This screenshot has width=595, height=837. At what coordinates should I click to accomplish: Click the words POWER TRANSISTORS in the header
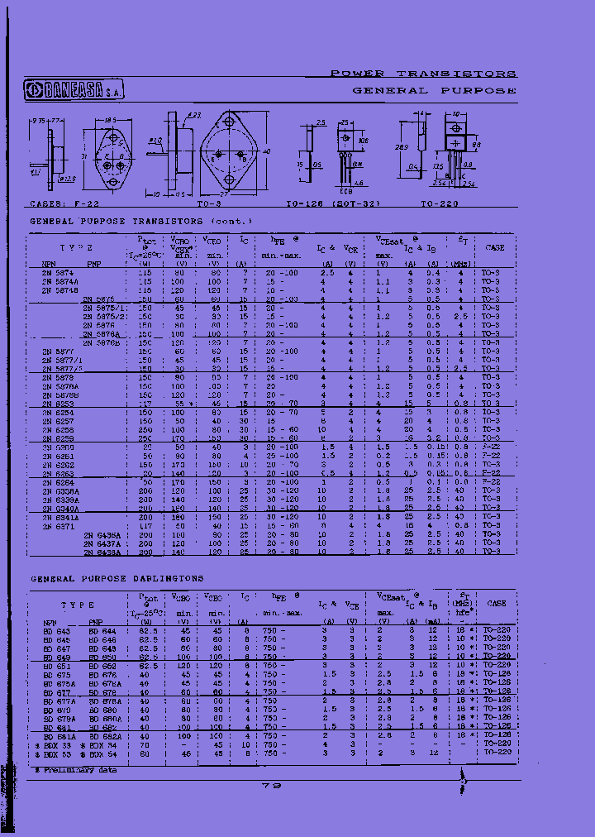[x=423, y=74]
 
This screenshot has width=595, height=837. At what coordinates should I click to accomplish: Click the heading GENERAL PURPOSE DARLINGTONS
[x=117, y=578]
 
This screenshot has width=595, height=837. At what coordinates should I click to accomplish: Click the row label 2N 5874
[x=57, y=272]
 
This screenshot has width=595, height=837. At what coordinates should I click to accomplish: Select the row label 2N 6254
[x=57, y=411]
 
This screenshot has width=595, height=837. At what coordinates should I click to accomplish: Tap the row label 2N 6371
[x=57, y=526]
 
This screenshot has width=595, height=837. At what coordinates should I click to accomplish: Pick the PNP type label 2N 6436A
[x=102, y=535]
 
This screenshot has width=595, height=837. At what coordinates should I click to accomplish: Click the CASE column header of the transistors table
[x=495, y=246]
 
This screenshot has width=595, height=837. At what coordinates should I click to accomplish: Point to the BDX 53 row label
[x=55, y=745]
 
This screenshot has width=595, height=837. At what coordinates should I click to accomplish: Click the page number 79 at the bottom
[x=273, y=787]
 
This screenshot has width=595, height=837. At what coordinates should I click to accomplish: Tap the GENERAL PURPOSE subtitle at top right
[x=434, y=90]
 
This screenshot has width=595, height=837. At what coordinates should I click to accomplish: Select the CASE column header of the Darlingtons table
[x=495, y=605]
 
